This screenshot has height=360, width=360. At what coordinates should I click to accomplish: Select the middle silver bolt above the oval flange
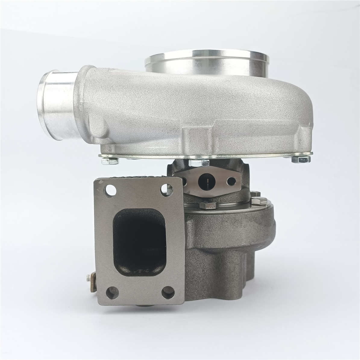click(x=199, y=163)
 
